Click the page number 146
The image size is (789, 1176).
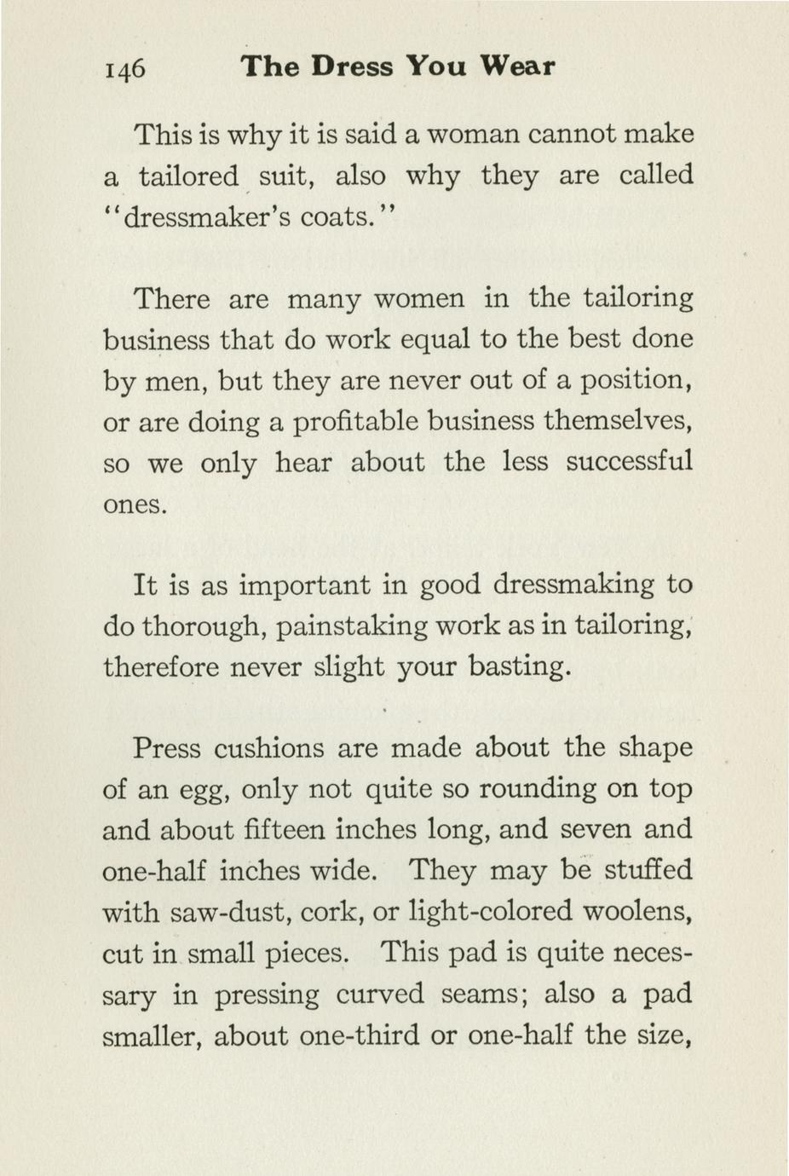[124, 68]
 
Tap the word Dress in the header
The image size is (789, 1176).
[353, 66]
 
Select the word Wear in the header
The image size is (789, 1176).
[517, 66]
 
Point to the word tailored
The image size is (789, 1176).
[188, 176]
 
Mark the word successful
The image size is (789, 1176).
[630, 463]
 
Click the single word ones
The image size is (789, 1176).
[134, 504]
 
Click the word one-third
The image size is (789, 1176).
[375, 1036]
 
